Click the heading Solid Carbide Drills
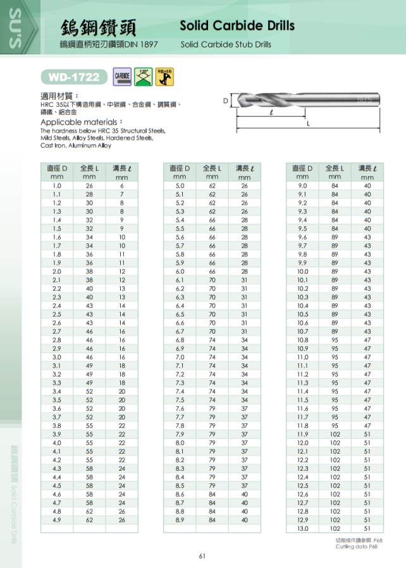tap(237, 26)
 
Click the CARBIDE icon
tap(122, 76)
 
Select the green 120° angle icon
tap(144, 76)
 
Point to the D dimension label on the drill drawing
tap(225, 101)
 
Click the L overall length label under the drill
tap(308, 124)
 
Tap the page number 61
tap(202, 556)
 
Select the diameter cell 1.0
tap(57, 186)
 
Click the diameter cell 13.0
tap(302, 528)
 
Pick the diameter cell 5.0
tap(180, 186)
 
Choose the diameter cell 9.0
tap(302, 186)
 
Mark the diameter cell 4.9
tap(57, 520)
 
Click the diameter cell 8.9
tap(180, 520)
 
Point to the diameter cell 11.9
tap(302, 434)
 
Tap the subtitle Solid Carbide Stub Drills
tap(226, 45)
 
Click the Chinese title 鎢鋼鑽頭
tap(98, 27)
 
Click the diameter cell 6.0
tap(180, 271)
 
